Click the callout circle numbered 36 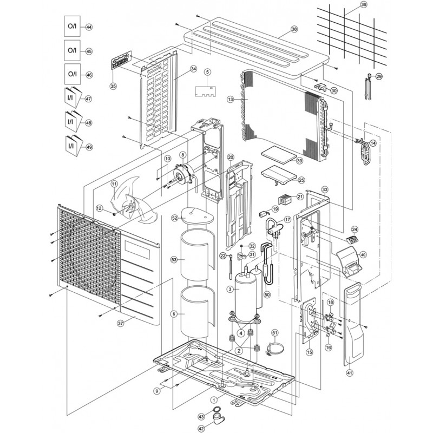363,5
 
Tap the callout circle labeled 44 89,27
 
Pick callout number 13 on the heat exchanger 230,100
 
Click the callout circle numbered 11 114,184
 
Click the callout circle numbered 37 120,323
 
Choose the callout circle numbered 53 174,260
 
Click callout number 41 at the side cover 349,372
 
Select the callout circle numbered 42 201,428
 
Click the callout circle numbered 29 379,77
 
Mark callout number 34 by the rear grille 193,69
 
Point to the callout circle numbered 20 231,158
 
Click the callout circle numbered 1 214,399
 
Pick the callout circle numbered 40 363,254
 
